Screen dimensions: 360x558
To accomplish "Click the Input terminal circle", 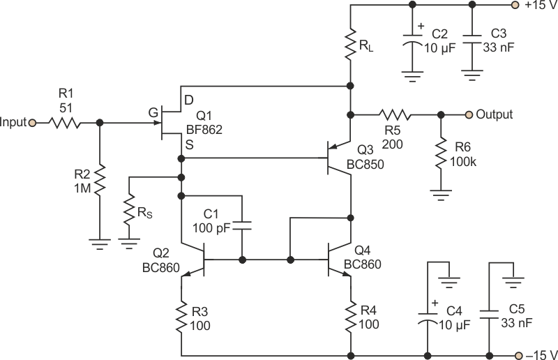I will pyautogui.click(x=32, y=123).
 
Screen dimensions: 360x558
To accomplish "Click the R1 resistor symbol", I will pyautogui.click(x=64, y=123).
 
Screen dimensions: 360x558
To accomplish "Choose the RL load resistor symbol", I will pyautogui.click(x=350, y=45).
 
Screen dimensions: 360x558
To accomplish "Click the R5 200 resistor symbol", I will pyautogui.click(x=395, y=114).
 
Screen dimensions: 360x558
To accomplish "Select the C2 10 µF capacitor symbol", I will pyautogui.click(x=412, y=45).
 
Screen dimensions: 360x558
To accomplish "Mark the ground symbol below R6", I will pyautogui.click(x=441, y=195).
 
